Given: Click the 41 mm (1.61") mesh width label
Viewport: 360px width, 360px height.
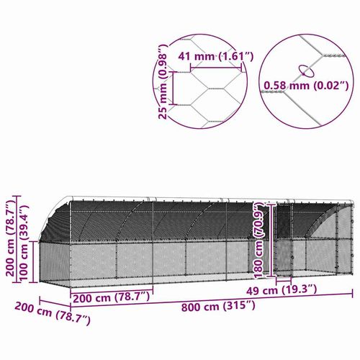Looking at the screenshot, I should pyautogui.click(x=215, y=55).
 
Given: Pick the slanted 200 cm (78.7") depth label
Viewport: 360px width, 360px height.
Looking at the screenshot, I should pyautogui.click(x=53, y=312).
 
